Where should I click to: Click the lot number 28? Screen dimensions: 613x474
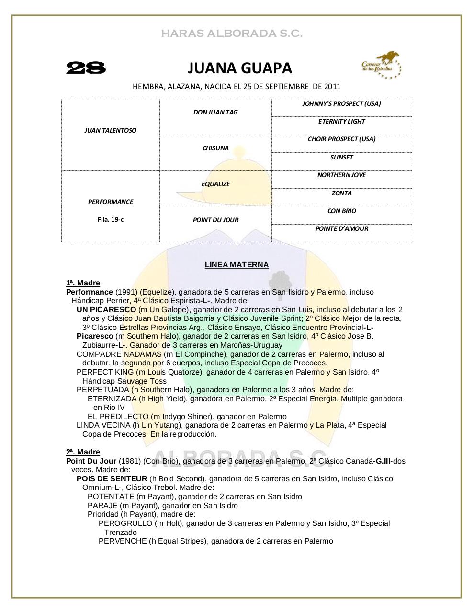coord(86,68)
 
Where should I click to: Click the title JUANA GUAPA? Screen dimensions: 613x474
coord(239,68)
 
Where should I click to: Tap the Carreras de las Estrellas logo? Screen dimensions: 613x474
coord(381,66)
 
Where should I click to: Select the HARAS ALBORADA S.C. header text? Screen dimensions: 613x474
coord(232,34)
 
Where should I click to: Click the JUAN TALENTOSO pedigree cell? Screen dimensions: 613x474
coord(110,130)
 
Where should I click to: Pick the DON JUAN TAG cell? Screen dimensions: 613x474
coord(215,112)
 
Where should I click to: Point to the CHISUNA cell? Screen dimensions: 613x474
coord(215,148)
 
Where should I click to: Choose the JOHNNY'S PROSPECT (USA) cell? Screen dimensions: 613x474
coord(341,103)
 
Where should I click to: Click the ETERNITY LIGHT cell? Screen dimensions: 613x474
coord(341,121)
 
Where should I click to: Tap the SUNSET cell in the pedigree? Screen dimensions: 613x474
coord(341,157)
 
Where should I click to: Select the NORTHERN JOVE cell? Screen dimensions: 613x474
coord(341,175)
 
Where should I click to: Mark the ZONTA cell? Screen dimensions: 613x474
coord(341,193)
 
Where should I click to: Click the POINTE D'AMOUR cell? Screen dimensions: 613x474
coord(341,228)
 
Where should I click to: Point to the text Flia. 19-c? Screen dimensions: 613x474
coord(110,220)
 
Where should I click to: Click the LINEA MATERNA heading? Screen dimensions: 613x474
coord(237,265)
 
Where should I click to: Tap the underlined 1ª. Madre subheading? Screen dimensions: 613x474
coord(83,283)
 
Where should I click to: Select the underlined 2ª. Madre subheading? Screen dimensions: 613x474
coord(83,452)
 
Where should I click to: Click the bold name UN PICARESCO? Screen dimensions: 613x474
coord(106,310)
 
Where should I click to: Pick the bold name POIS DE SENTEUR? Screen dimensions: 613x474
coord(112,479)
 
